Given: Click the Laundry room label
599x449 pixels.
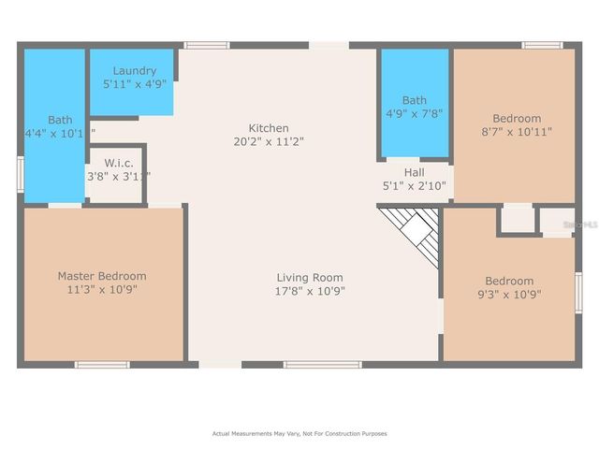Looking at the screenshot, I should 134,71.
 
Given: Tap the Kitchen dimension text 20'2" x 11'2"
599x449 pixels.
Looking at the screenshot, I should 269,141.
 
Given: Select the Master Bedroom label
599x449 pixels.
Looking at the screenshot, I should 102,276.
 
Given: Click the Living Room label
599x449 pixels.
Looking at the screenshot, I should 309,277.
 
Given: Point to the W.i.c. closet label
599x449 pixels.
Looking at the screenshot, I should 118,163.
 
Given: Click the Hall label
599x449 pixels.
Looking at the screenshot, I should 414,173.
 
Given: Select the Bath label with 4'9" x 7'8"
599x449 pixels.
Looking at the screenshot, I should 414,100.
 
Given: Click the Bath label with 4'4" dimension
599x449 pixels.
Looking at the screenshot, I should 60,120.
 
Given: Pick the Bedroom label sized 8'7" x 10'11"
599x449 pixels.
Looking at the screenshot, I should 517,118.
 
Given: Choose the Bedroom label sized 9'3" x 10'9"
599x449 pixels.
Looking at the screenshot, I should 508,281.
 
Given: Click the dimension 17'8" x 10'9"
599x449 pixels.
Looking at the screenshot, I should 310,290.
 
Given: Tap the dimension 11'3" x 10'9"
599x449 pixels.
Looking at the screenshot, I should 102,289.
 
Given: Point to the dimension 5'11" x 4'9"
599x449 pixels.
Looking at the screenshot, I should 134,84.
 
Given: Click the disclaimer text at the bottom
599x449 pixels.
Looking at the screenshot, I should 299,434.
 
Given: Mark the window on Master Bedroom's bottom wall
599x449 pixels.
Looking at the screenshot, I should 102,364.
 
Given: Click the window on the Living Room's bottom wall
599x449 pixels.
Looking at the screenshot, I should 321,364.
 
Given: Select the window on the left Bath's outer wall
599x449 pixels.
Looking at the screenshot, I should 20,175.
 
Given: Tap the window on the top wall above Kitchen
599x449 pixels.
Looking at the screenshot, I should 206,44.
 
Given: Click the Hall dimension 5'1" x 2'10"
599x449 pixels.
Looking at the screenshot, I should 414,186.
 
